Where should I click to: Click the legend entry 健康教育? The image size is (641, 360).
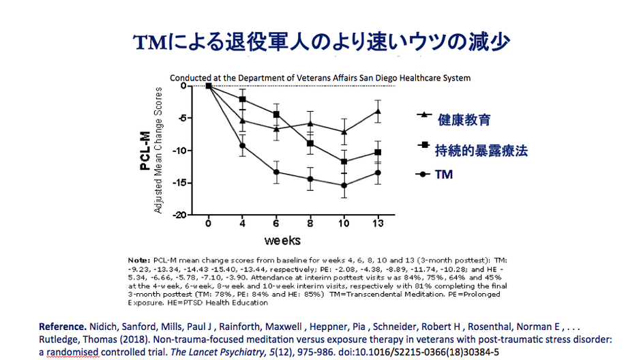tap(464, 120)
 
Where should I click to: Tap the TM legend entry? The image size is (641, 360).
tap(444, 175)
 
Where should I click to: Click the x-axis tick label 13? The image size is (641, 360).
tap(378, 224)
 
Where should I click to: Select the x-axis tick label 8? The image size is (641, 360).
tap(310, 224)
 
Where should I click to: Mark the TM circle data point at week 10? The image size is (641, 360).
tap(344, 185)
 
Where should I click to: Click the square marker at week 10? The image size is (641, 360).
tap(344, 162)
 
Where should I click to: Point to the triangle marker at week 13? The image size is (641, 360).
tap(378, 111)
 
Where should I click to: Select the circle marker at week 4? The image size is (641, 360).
tap(242, 145)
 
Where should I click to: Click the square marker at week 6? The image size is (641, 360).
tap(276, 114)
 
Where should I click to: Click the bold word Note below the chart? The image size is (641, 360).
tap(139, 260)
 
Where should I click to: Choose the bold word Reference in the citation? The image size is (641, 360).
tap(61, 327)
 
